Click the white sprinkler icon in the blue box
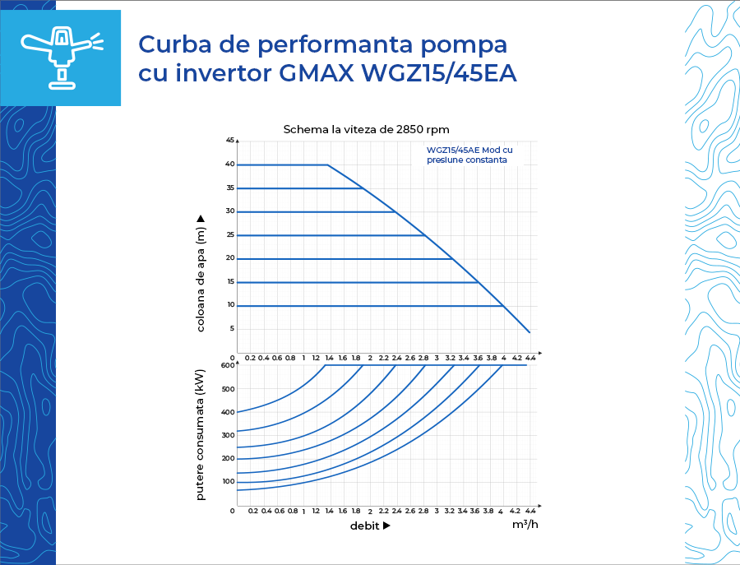[x=61, y=58]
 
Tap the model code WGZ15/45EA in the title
[x=439, y=73]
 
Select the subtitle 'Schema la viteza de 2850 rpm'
[x=366, y=129]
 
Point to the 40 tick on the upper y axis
[x=230, y=164]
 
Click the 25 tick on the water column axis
[x=230, y=234]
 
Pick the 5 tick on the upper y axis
[x=232, y=328]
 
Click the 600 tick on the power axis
[x=228, y=365]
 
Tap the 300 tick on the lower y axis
[x=229, y=435]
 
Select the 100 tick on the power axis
[x=229, y=481]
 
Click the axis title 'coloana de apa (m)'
[x=201, y=274]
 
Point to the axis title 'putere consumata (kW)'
[x=201, y=435]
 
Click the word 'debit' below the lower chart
[x=365, y=526]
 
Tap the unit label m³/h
[x=525, y=524]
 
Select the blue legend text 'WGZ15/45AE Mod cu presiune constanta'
[x=469, y=155]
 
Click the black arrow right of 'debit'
[x=386, y=526]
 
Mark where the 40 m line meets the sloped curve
[x=328, y=164]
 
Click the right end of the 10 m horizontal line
[x=503, y=306]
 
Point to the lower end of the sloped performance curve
[x=530, y=333]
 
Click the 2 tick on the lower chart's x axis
[x=371, y=512]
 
